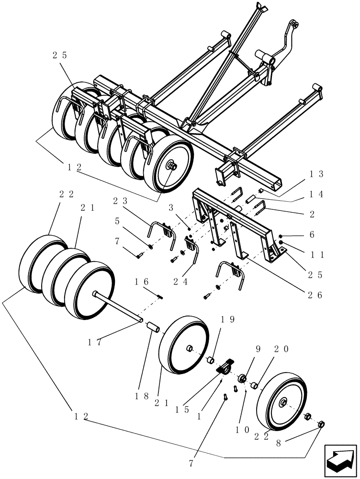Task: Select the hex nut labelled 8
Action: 322,424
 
